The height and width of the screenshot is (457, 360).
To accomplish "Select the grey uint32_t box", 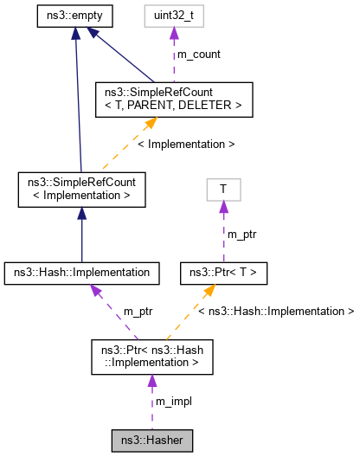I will [173, 16].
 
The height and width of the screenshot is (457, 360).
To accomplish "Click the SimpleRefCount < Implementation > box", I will [81, 189].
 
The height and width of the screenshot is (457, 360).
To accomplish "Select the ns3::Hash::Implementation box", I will [81, 273].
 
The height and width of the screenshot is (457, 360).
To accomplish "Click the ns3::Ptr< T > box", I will [223, 273].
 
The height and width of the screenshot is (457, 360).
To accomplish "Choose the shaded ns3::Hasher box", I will [151, 441].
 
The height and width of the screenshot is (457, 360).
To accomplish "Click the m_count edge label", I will [198, 54].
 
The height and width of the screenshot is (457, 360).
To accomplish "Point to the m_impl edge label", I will [174, 402].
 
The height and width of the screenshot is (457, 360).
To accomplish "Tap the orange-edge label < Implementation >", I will [186, 144].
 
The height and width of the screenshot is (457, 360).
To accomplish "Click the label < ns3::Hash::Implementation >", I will [277, 310].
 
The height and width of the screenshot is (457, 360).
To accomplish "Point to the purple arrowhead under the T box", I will [223, 206].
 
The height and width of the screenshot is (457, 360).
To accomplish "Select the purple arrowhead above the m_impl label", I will [151, 381].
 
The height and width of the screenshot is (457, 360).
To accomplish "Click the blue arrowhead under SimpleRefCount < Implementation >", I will [81, 213].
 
